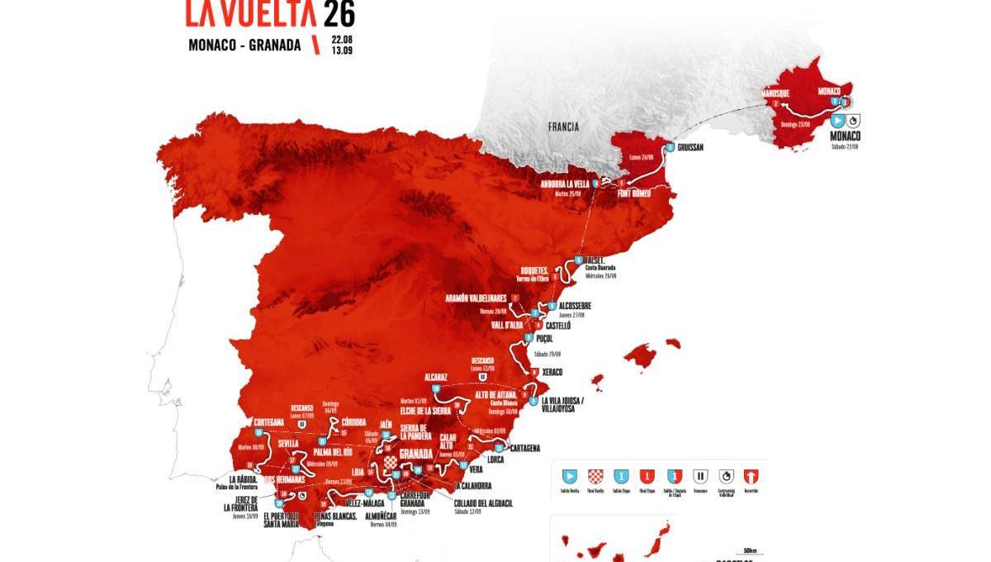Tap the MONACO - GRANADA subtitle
coord(244,45)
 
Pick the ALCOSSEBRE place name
coord(575,306)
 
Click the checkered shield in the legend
coord(595,476)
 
